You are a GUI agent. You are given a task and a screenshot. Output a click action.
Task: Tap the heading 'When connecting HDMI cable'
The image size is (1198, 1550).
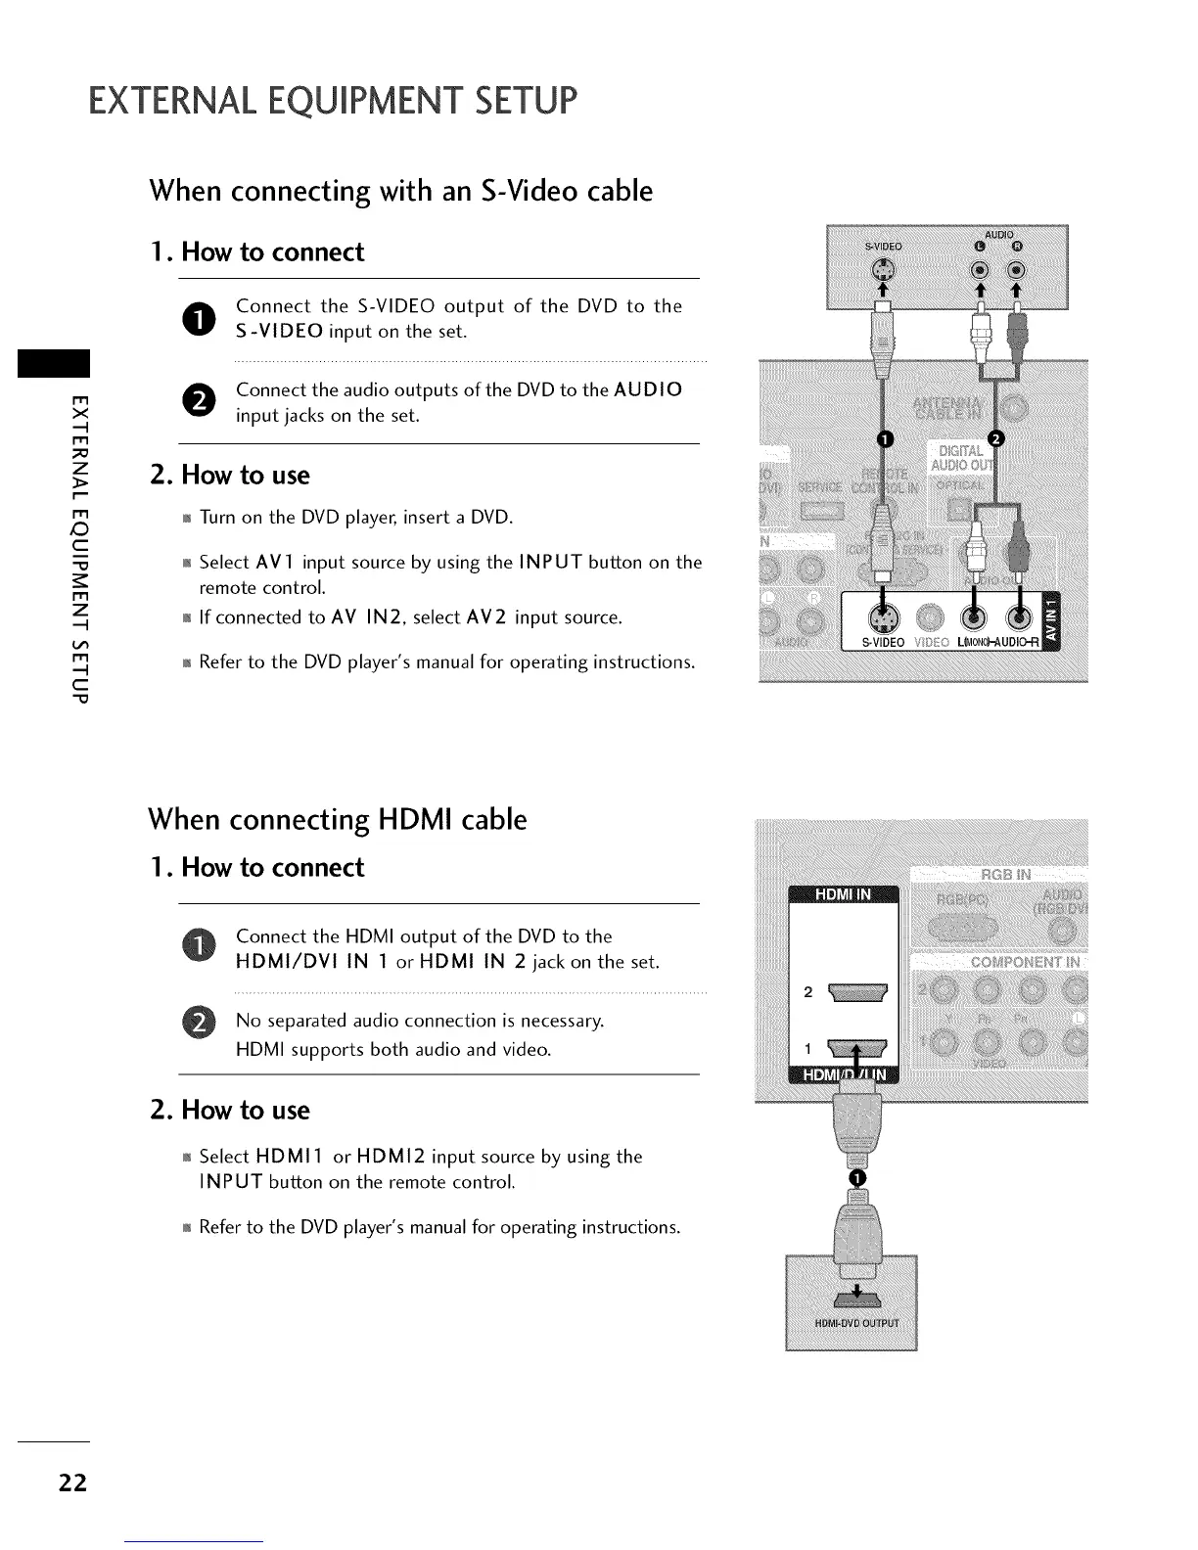coord(337,819)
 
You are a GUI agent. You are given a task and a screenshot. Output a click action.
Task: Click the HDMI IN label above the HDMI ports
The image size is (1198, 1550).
coord(843,894)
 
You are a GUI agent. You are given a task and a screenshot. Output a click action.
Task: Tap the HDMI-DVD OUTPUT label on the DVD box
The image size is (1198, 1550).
coord(851,1325)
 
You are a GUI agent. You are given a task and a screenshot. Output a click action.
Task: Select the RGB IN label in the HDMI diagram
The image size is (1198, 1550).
coord(1004,874)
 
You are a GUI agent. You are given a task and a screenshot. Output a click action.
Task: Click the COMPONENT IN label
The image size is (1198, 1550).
coord(1025,962)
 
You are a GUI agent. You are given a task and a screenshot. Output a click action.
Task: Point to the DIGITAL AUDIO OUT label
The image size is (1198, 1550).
coord(960,457)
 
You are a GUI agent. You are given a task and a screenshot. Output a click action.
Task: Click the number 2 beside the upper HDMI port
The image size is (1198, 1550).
coord(807,992)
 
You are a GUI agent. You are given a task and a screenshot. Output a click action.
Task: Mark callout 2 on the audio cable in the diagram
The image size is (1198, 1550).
coord(997,437)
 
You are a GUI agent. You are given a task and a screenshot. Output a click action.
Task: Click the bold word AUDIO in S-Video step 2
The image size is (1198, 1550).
coord(648,389)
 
